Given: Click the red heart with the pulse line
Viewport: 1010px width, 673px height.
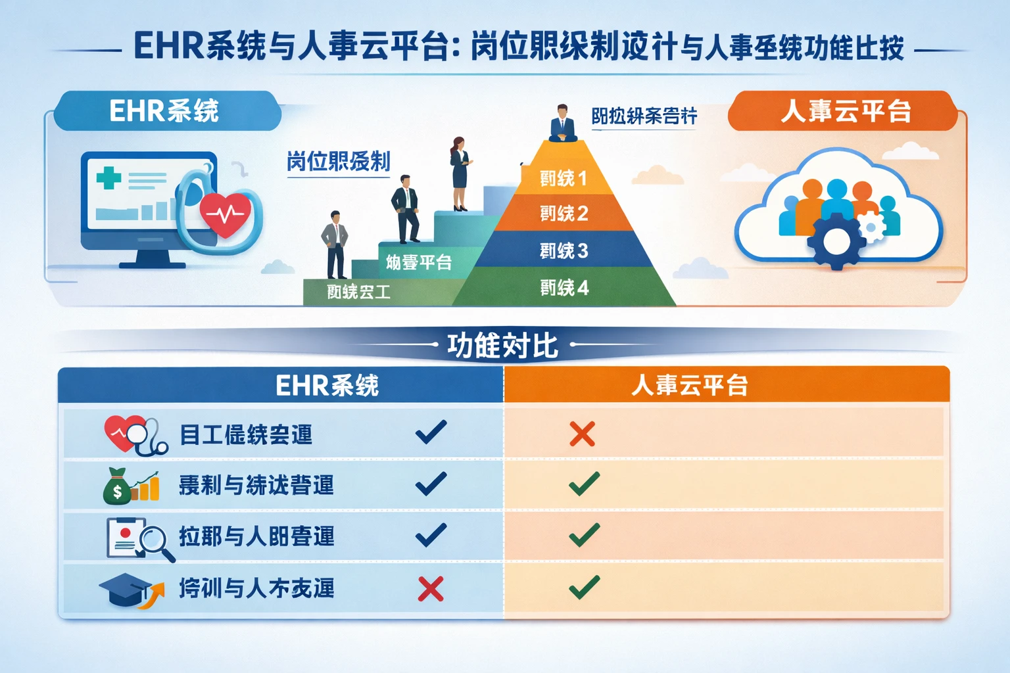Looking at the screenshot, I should (226, 214).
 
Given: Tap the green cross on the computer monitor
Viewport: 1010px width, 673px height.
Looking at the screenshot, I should (108, 177).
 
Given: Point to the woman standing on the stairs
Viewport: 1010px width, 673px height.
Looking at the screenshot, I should (459, 173).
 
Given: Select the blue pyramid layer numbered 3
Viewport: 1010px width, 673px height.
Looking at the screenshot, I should (563, 250).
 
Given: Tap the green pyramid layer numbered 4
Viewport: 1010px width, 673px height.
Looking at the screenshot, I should (564, 287).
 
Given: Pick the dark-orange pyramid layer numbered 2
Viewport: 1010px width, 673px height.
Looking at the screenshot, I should (563, 214).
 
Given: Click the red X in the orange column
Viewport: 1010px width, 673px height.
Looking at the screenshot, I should (582, 434).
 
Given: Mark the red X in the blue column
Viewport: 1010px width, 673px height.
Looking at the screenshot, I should (431, 589).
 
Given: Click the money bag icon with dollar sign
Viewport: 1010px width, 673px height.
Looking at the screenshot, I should (117, 486).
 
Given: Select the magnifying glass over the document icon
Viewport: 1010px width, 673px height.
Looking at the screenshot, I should (155, 542).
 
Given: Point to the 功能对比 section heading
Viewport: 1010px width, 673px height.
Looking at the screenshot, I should (502, 345).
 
